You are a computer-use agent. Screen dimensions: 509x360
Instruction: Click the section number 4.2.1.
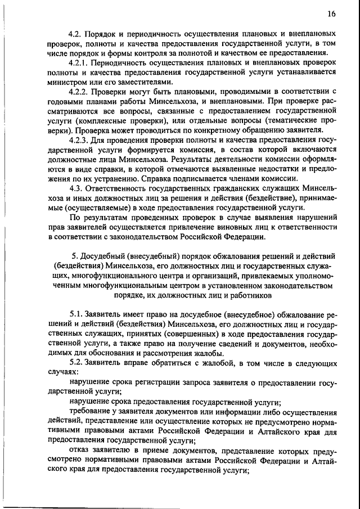[x=80, y=63]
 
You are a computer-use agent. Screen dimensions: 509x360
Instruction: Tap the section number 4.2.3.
[x=80, y=141]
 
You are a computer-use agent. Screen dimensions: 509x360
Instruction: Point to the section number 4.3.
[x=76, y=190]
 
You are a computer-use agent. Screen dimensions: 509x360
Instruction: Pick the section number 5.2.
[x=76, y=364]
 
